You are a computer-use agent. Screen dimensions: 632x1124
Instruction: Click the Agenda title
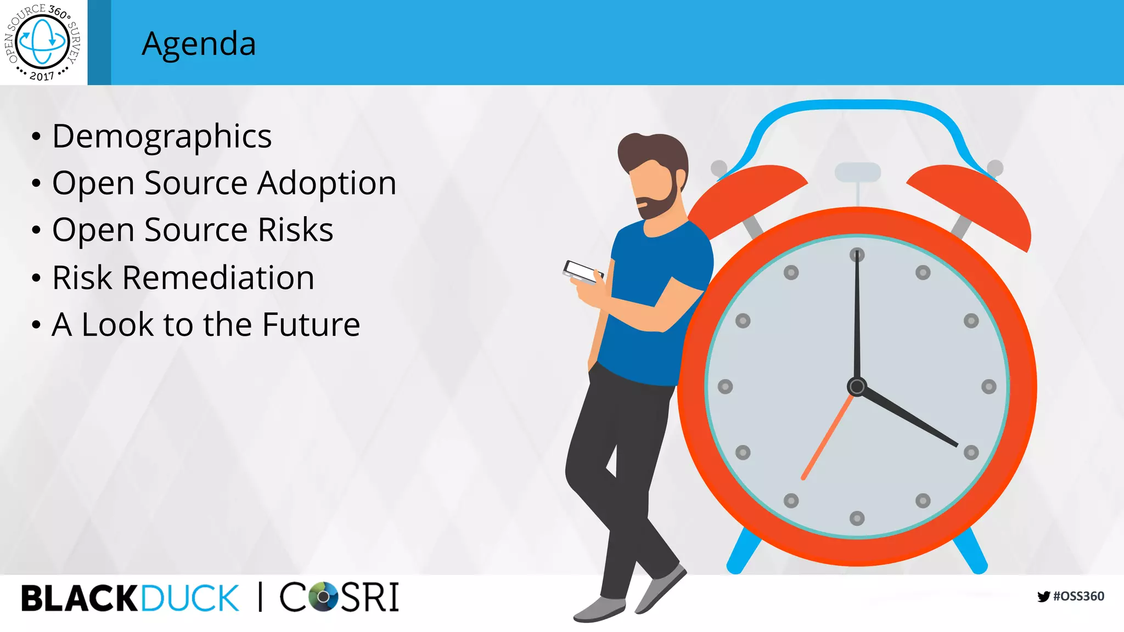click(x=199, y=44)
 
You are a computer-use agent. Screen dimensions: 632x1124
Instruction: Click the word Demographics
click(x=162, y=137)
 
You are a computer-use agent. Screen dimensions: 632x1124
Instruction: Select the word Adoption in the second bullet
click(x=327, y=183)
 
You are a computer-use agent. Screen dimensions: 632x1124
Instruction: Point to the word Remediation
click(x=218, y=278)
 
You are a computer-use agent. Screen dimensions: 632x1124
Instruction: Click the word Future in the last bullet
click(x=311, y=324)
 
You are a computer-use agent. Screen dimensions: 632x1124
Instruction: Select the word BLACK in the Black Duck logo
click(x=80, y=598)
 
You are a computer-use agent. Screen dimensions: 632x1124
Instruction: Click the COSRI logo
click(x=339, y=597)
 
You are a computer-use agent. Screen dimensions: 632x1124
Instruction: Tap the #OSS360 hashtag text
click(x=1078, y=596)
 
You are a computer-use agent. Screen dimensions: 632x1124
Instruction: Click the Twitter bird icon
click(x=1043, y=596)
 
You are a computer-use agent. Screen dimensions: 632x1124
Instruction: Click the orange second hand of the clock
click(x=828, y=436)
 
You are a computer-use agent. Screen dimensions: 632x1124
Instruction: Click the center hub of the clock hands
click(x=857, y=387)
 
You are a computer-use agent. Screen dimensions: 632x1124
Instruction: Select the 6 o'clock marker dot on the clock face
click(x=857, y=518)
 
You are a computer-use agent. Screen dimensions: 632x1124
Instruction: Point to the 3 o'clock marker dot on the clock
click(x=988, y=387)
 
